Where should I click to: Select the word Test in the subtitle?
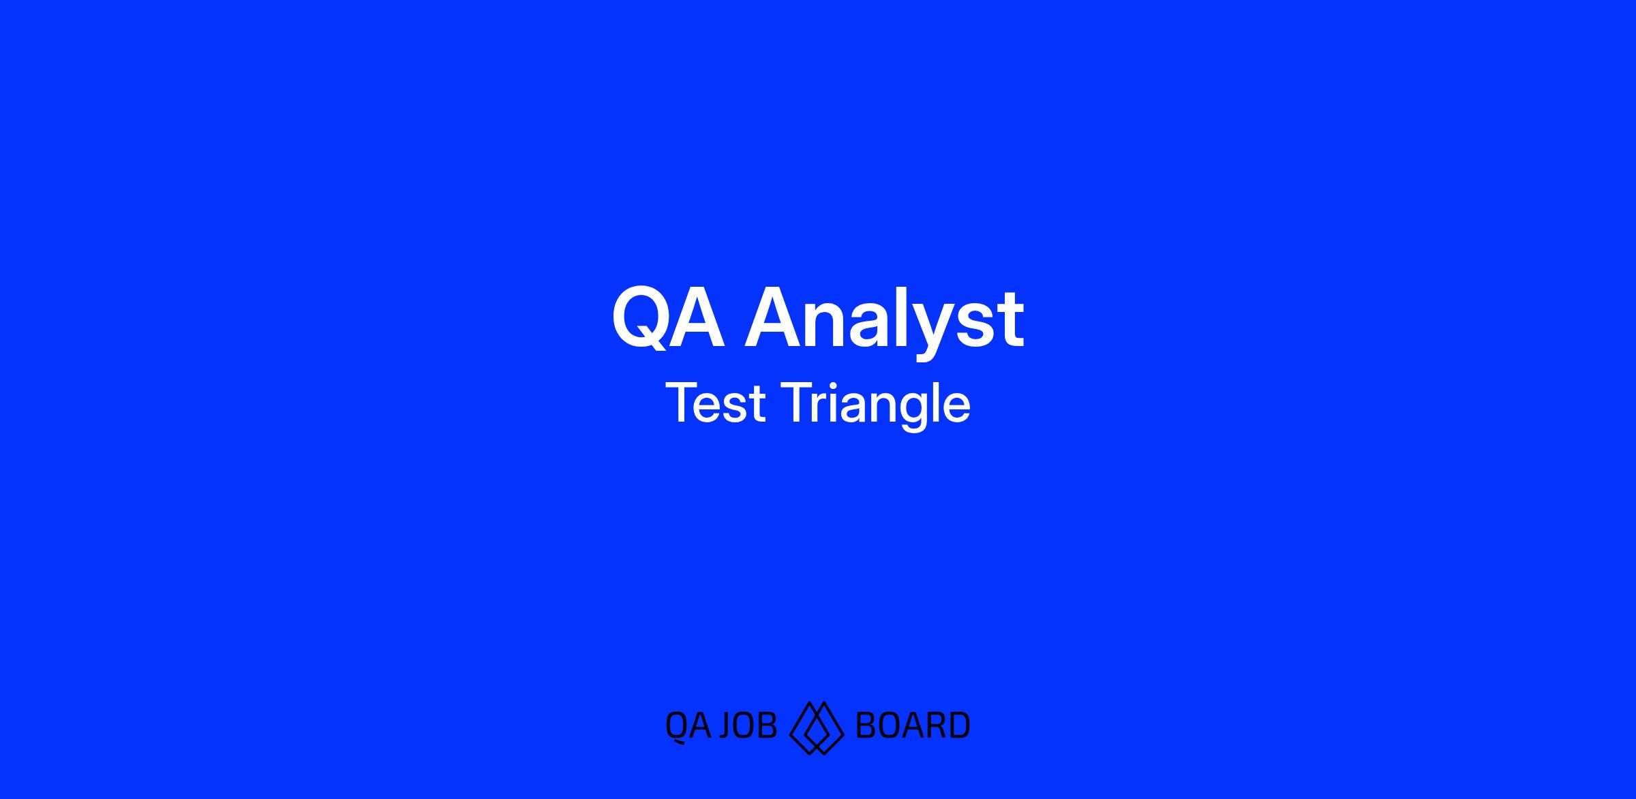716,403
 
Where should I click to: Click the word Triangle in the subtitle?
878,406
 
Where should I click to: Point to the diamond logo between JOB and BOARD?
817,727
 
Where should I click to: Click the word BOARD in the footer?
913,725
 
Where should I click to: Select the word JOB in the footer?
748,725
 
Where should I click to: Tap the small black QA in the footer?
688,726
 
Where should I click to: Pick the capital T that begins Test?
682,403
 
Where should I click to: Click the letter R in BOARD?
936,725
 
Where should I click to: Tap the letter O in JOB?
746,725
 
